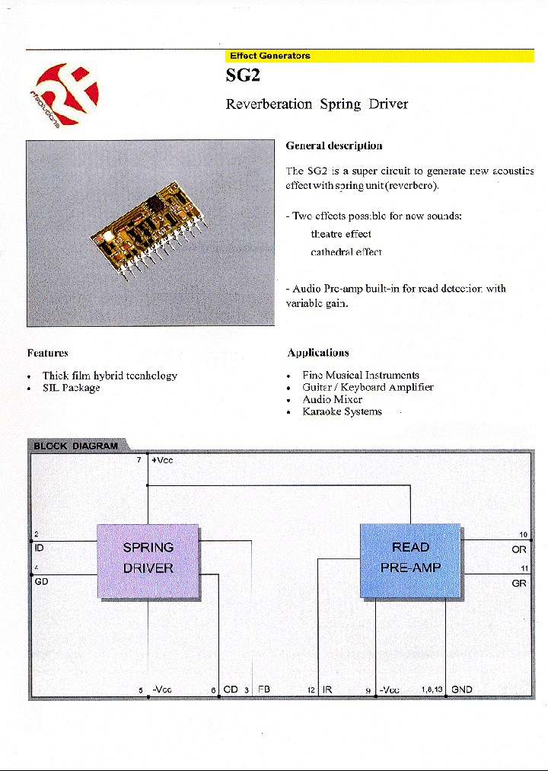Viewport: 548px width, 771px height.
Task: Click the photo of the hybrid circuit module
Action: coord(150,233)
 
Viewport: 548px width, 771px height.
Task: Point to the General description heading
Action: coord(333,146)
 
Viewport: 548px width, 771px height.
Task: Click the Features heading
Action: coord(48,353)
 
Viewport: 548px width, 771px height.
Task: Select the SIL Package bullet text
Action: coord(71,388)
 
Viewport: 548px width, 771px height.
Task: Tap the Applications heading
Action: coord(318,353)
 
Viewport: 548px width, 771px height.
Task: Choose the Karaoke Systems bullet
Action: coord(342,411)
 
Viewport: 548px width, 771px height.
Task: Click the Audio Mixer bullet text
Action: coord(332,399)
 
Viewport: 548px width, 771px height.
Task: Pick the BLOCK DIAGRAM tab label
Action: coord(75,446)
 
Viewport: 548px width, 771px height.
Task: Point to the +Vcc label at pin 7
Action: coord(162,460)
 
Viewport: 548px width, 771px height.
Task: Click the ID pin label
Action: coord(40,547)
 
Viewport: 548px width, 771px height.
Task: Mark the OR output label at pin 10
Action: coord(519,548)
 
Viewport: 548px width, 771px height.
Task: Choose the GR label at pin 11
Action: coord(519,582)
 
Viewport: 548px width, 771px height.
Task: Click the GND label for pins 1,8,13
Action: coord(462,689)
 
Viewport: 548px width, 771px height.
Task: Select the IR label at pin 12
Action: coord(327,689)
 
